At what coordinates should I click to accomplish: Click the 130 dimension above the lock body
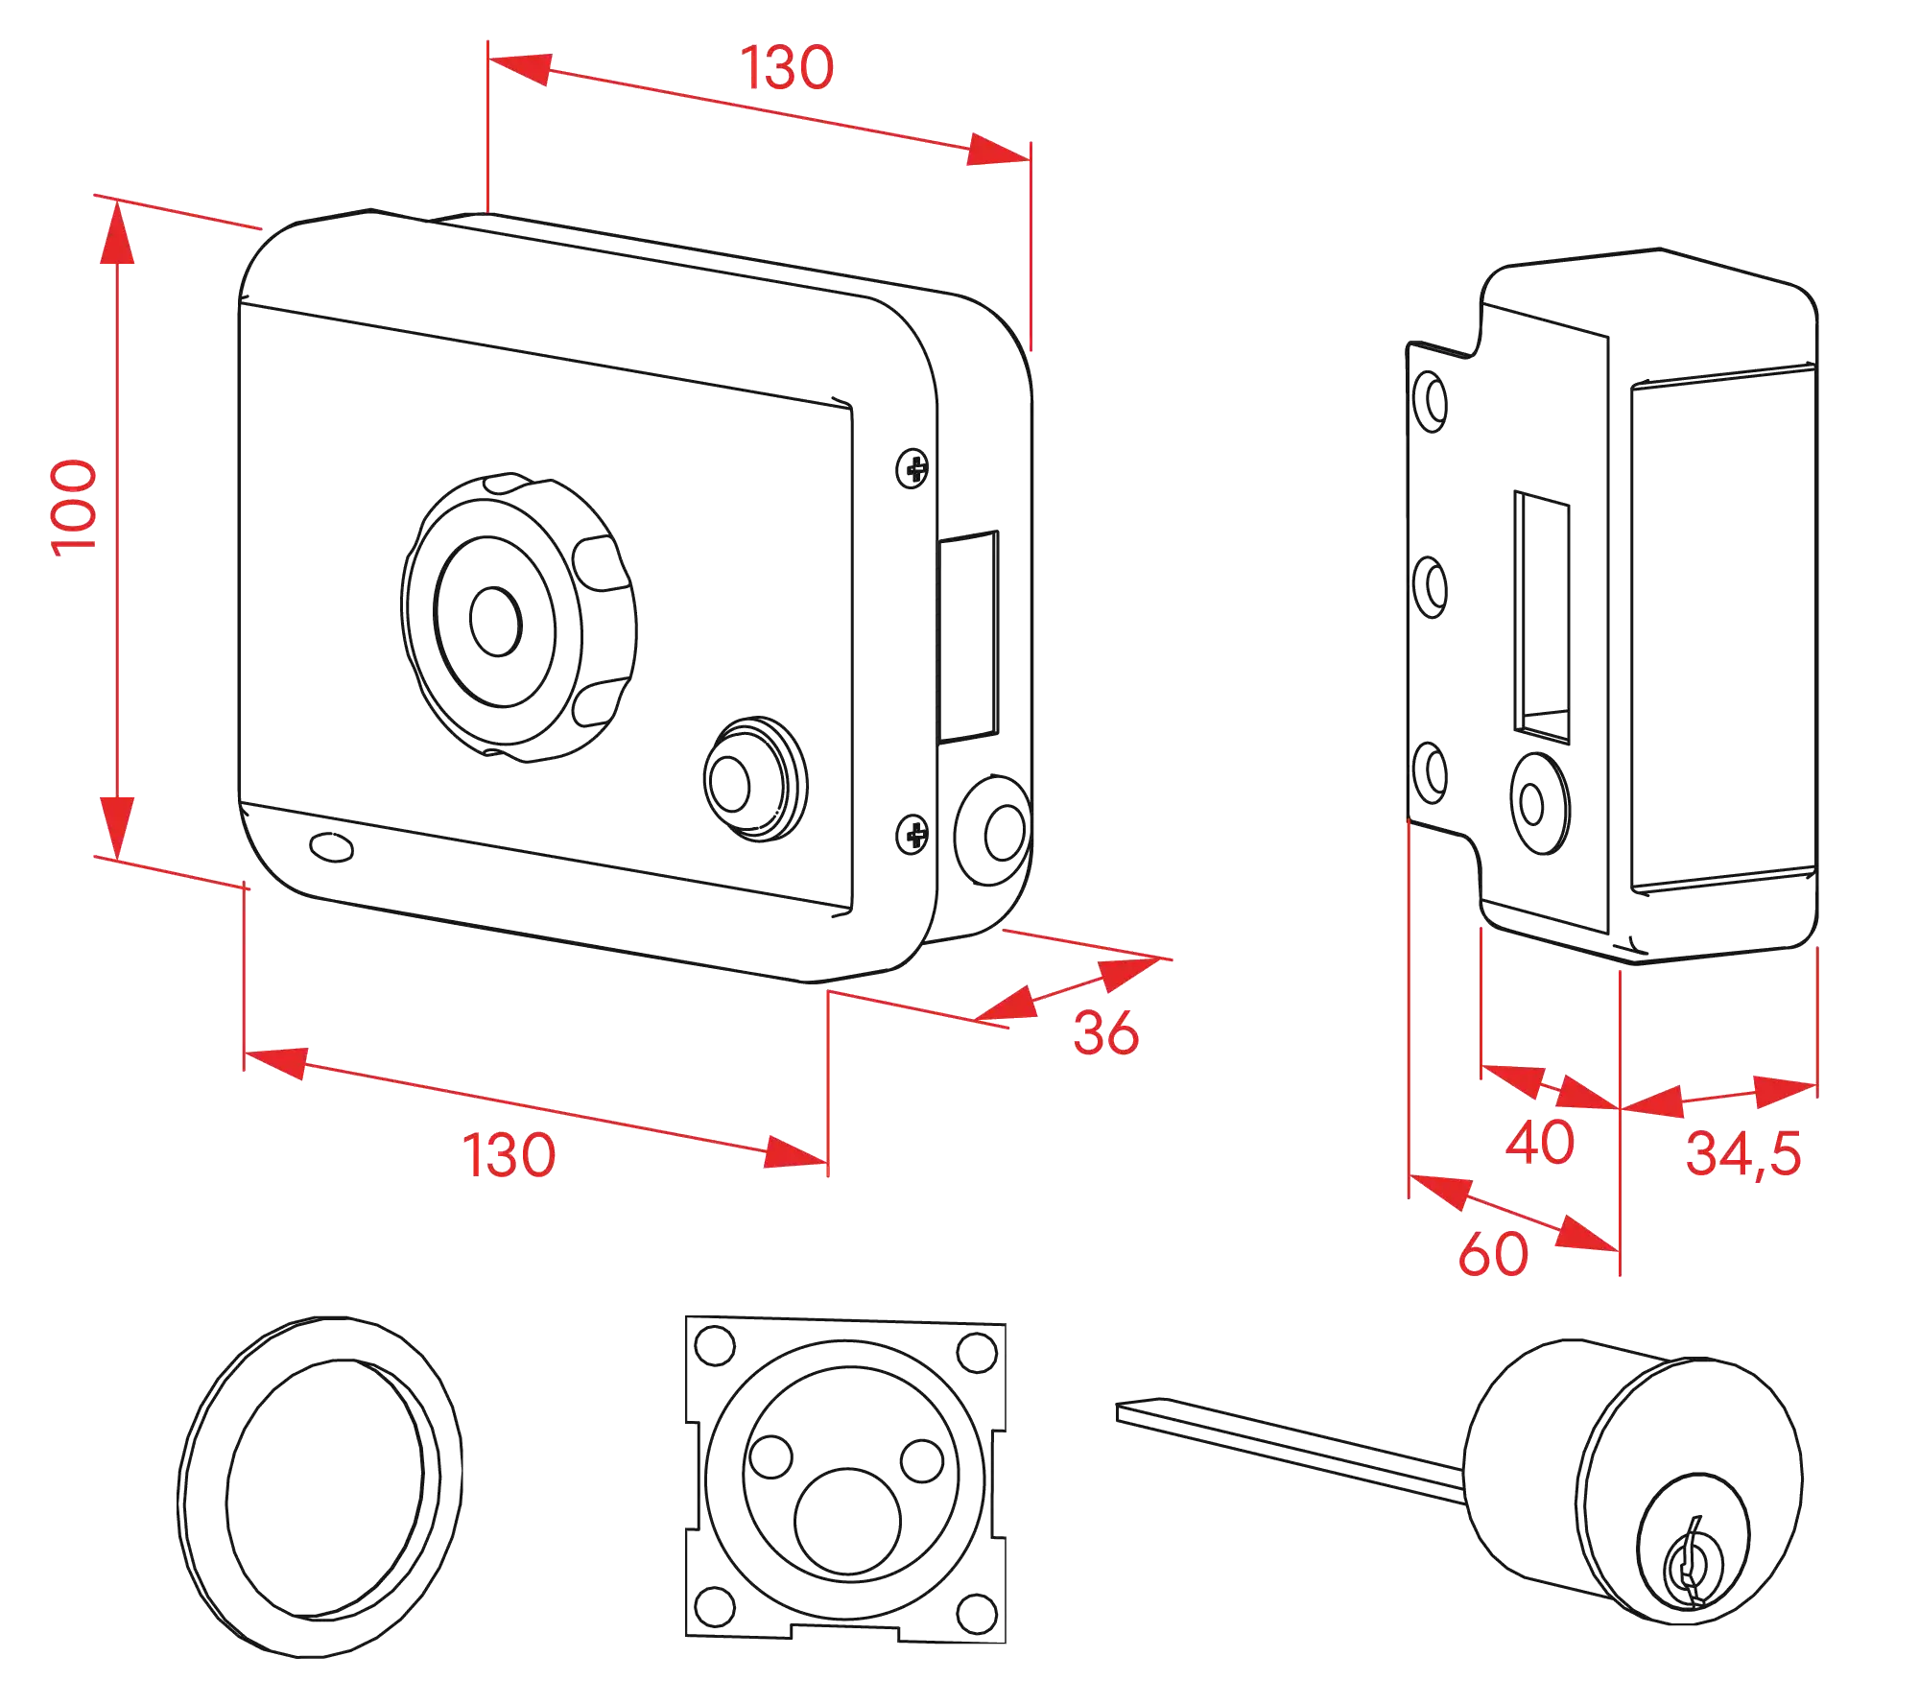786,68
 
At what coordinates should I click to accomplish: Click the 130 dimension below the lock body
509,1154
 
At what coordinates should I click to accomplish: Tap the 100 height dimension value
74,508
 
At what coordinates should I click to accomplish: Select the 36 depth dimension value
1106,1032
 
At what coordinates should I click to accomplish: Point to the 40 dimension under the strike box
1539,1142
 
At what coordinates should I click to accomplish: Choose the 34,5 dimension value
1743,1153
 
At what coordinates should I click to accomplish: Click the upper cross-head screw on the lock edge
912,469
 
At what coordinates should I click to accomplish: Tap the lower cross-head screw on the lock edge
912,833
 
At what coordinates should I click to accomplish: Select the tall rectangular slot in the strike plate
1541,614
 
